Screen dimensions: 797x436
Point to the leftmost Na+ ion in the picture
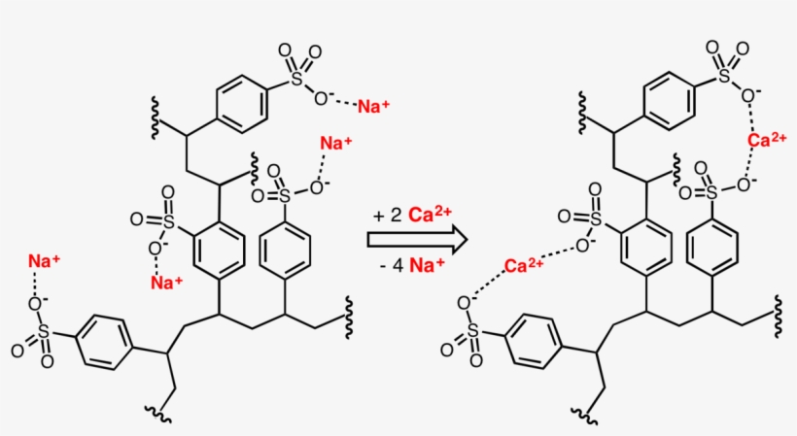coord(44,261)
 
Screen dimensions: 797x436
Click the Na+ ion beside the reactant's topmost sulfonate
coord(374,105)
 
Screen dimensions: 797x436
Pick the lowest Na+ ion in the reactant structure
coord(167,284)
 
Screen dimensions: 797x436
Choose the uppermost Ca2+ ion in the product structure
coord(767,140)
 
